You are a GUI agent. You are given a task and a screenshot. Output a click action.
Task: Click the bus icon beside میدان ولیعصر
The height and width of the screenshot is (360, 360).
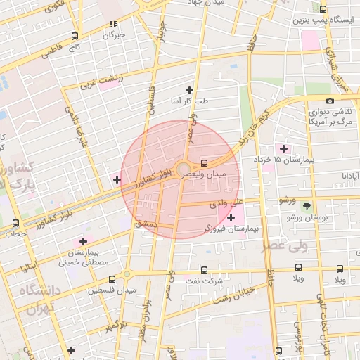(204, 162)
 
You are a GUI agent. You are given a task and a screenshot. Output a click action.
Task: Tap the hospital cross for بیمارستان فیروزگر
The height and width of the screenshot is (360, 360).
(231, 217)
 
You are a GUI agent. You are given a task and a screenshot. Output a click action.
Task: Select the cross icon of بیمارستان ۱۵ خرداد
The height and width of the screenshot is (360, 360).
(283, 148)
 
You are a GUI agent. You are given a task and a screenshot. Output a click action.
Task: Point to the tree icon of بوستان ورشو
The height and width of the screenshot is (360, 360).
(307, 206)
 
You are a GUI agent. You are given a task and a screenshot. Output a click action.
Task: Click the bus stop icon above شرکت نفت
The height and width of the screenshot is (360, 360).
(204, 270)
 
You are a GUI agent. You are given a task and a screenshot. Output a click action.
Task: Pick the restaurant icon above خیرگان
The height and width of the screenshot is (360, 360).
(113, 24)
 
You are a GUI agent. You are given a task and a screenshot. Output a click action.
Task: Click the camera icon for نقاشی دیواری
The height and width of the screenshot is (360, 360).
(330, 101)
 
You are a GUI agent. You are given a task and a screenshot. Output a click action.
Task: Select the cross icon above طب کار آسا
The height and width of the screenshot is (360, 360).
(188, 90)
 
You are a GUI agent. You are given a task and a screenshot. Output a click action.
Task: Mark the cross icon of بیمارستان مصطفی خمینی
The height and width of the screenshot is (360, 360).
(83, 241)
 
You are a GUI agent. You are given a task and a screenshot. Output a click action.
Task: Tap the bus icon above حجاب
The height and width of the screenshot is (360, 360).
(16, 223)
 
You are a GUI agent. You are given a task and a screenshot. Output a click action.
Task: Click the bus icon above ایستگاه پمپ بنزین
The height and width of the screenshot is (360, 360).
(323, 10)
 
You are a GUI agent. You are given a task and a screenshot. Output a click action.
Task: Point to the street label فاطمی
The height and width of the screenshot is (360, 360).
(53, 52)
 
